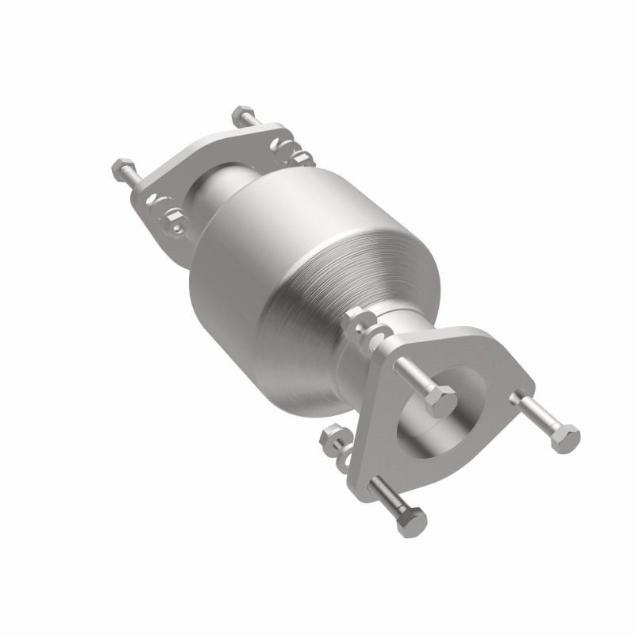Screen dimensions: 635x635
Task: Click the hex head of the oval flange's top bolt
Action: pyautogui.click(x=242, y=117)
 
